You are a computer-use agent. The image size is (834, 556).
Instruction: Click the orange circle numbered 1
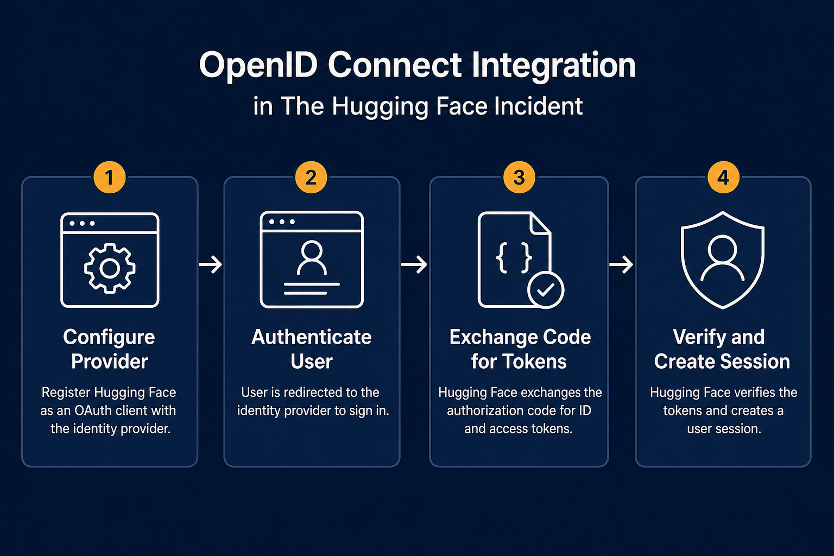point(110,177)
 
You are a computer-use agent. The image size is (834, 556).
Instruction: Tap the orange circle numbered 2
point(311,177)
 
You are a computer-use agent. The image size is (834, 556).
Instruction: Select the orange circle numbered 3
point(519,177)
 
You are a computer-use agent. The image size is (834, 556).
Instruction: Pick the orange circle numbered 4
point(723,177)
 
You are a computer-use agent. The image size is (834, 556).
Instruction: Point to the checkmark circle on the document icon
point(546,290)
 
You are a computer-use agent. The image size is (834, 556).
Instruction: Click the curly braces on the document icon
point(514,258)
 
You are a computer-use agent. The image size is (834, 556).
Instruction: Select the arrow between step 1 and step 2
point(210,264)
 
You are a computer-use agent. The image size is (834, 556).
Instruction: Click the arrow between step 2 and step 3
point(414,264)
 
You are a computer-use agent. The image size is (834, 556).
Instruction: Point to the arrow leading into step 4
point(621,264)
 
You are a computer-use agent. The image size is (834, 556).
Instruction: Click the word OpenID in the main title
point(258,66)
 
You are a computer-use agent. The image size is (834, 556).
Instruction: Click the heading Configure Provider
point(109,349)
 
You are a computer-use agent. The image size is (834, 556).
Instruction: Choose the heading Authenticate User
point(312,349)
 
